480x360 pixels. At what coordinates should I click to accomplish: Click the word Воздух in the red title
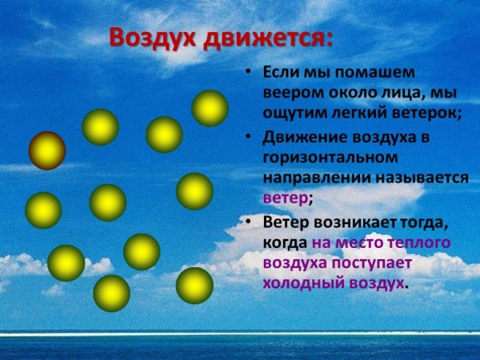click(x=151, y=38)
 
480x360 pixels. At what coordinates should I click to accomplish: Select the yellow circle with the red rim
click(x=47, y=150)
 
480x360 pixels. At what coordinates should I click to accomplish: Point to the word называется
click(x=422, y=178)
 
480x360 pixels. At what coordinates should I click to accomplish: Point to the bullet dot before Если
click(x=250, y=72)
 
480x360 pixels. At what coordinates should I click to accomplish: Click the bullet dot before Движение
click(x=250, y=138)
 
